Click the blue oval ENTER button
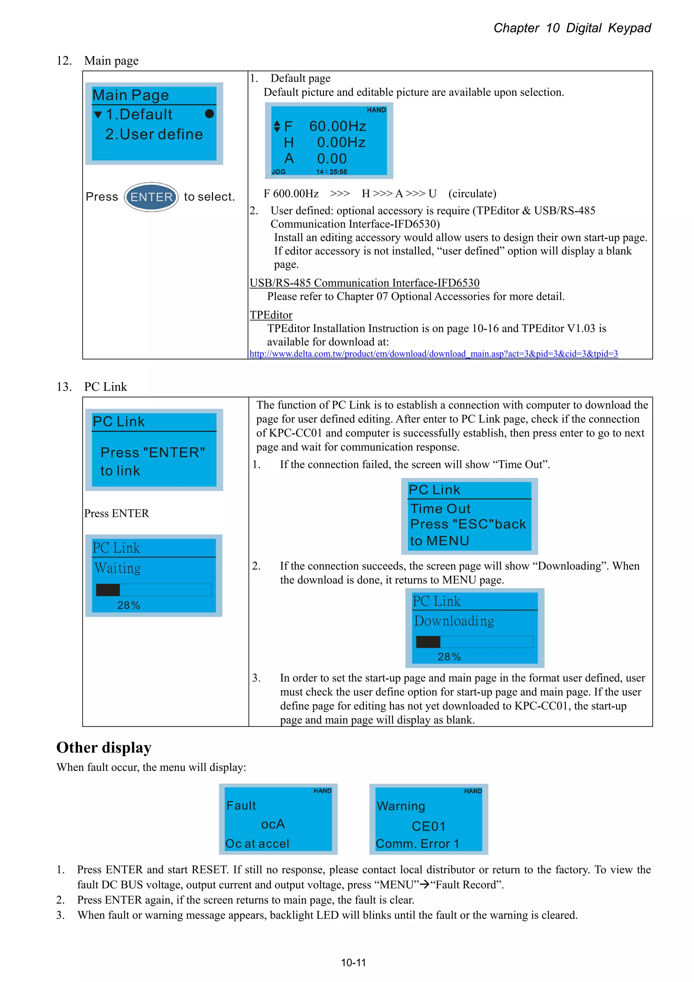click(x=151, y=197)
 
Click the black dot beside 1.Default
click(x=209, y=114)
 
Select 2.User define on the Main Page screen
click(x=154, y=134)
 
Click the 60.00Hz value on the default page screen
click(x=338, y=126)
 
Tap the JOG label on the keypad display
click(x=278, y=172)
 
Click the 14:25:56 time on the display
click(x=331, y=172)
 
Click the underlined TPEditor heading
click(x=271, y=315)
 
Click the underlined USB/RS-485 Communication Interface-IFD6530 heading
click(x=364, y=283)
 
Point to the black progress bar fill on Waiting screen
click(x=108, y=590)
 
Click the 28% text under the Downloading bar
click(x=449, y=657)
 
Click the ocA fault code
click(x=273, y=824)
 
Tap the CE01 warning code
click(x=428, y=826)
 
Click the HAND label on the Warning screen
click(x=473, y=791)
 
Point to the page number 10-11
click(x=353, y=963)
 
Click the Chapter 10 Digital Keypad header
click(x=572, y=28)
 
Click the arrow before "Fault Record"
click(x=424, y=884)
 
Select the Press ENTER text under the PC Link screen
click(x=116, y=513)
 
